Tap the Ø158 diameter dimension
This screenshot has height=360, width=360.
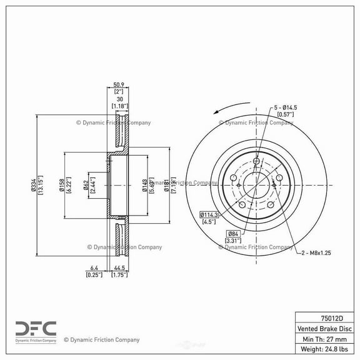[x=62, y=184]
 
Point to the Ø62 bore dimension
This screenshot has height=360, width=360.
[x=87, y=184]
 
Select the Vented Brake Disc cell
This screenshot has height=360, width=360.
[x=325, y=328]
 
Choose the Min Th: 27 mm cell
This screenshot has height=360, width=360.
[x=325, y=339]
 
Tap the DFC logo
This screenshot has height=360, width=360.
[x=36, y=329]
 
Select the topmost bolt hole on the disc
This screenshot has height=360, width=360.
[x=257, y=162]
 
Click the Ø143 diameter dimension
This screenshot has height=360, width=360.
[x=144, y=184]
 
